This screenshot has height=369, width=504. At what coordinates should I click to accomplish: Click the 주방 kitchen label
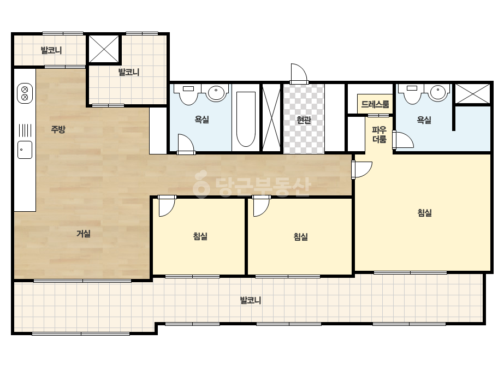58,129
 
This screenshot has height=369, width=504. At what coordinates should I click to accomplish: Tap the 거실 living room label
83,234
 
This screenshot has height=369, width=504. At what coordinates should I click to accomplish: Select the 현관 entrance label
304,120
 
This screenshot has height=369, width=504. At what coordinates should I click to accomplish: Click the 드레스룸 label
375,104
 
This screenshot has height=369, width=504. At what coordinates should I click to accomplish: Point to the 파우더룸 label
380,134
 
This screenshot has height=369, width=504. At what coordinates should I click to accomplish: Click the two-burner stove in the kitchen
25,93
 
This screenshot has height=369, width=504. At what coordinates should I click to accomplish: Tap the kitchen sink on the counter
25,150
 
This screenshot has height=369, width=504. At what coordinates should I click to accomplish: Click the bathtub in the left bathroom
246,119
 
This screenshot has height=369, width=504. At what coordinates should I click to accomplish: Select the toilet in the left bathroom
188,94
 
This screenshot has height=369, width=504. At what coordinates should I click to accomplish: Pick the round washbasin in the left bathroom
216,93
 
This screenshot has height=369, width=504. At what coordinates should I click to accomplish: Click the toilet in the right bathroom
412,94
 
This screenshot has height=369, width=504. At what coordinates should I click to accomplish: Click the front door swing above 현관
299,74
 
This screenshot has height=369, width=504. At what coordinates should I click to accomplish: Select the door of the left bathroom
186,144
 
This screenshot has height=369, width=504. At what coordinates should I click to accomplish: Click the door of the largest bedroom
362,170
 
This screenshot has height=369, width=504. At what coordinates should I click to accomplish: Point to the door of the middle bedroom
262,206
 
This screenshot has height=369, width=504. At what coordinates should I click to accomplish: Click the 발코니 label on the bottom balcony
251,301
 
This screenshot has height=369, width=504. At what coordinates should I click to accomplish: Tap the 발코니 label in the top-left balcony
51,50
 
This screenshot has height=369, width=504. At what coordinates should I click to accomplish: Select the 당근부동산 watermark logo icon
201,184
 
